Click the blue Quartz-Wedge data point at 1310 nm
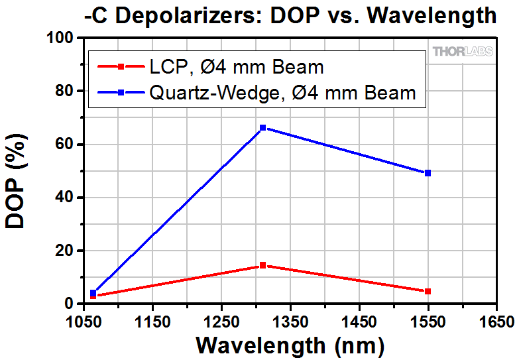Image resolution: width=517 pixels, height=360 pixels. (x=263, y=127)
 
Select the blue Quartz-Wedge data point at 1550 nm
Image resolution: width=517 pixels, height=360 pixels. (x=428, y=173)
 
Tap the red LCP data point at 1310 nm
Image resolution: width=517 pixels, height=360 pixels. (x=263, y=265)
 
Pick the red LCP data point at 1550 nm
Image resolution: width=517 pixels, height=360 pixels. (x=428, y=291)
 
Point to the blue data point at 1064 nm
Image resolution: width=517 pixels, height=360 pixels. (x=93, y=292)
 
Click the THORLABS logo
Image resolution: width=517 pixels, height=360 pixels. (x=463, y=51)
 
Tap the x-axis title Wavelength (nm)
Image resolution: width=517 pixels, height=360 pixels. (x=290, y=345)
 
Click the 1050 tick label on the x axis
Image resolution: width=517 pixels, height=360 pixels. (x=84, y=322)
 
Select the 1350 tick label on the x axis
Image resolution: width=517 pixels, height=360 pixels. (x=290, y=322)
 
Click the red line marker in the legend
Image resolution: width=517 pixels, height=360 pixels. (x=120, y=66)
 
